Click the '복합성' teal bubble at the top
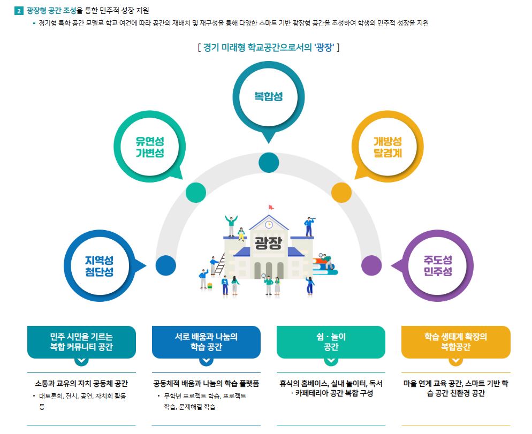pos(268,97)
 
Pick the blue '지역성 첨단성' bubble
pos(100,265)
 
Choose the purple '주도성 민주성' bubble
pos(437,265)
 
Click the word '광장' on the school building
pos(268,243)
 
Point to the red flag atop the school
pos(271,207)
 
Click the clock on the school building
pos(269,224)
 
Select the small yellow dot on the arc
pos(341,192)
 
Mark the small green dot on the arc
pos(195,192)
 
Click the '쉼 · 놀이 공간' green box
pos(331,342)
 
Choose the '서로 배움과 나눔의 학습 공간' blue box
pos(206,342)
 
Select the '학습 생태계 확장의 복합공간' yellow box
pos(455,342)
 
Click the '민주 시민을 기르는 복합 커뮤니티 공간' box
pos(81,342)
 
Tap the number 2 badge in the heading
pos(20,10)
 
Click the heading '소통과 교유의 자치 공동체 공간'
pos(81,384)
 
